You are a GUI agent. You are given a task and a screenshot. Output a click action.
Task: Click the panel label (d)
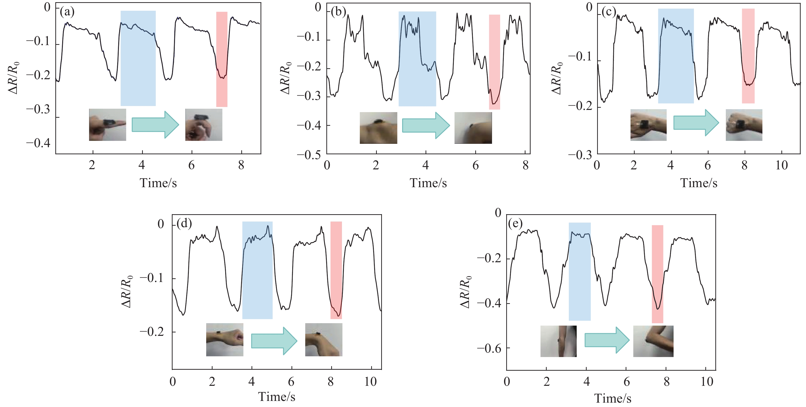pos(184,223)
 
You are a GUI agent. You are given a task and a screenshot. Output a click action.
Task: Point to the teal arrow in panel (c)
pos(696,123)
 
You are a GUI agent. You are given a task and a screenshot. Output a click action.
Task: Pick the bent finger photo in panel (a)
pos(204,125)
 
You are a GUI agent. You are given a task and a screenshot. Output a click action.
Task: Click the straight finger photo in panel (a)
pos(107,125)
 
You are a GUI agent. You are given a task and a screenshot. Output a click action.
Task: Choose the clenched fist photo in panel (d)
pos(224,339)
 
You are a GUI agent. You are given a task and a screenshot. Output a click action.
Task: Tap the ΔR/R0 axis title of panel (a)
pos(13,77)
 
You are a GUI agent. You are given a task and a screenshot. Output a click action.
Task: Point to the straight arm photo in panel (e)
pos(558,341)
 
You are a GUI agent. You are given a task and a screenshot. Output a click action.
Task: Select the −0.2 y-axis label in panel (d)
pos(152,332)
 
